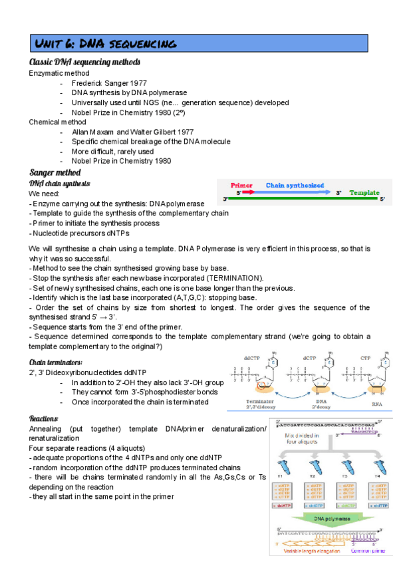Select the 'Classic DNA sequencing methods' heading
[x=84, y=62]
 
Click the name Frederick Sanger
[x=103, y=83]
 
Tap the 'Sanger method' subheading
[x=57, y=172]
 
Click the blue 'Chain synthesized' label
[x=295, y=186]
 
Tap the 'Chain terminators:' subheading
[x=56, y=362]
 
